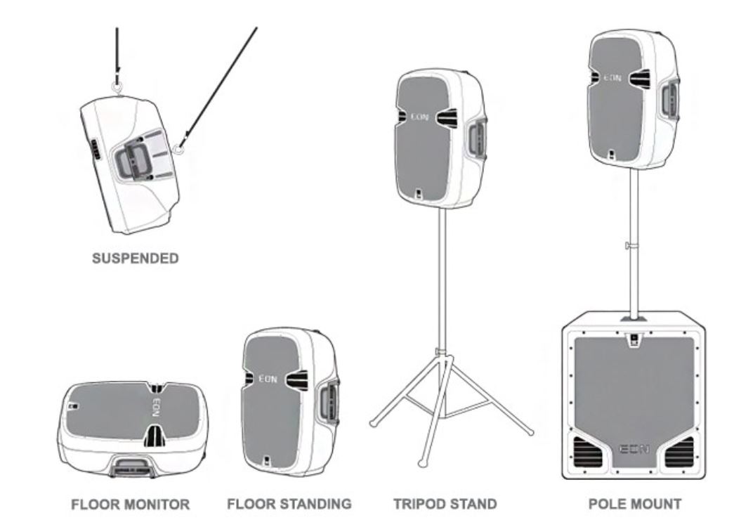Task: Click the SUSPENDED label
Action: (136, 259)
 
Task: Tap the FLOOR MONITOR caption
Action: (130, 504)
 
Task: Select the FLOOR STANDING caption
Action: (289, 504)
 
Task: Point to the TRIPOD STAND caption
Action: (445, 504)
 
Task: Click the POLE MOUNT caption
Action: (634, 504)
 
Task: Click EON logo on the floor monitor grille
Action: (156, 408)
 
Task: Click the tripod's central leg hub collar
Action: (441, 351)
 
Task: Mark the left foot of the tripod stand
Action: (374, 422)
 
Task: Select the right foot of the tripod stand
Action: (530, 431)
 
